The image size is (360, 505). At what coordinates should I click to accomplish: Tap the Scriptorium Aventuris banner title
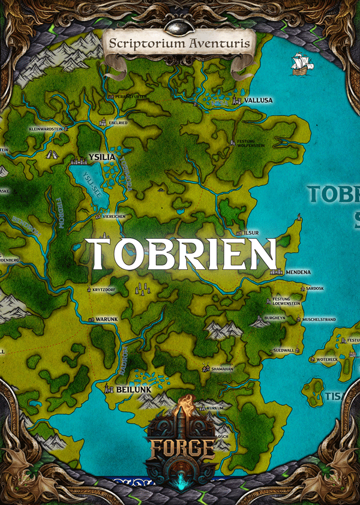(x=179, y=43)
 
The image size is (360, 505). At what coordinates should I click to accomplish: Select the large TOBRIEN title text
(x=180, y=253)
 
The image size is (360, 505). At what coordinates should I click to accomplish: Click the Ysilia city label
(x=101, y=157)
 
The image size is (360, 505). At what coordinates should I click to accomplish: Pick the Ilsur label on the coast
(x=251, y=232)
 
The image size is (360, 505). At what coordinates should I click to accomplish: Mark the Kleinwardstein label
(x=46, y=128)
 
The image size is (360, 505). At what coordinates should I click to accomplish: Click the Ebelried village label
(x=117, y=122)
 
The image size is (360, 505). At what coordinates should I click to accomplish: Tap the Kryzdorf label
(x=103, y=290)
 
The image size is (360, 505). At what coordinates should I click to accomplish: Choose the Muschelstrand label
(x=320, y=320)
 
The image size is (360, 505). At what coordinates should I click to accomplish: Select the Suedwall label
(x=283, y=350)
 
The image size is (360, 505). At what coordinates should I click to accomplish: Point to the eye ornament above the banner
(x=179, y=25)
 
